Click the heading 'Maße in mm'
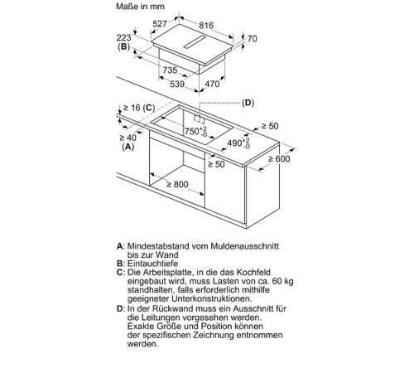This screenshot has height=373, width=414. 140,7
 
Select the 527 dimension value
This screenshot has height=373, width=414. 160,24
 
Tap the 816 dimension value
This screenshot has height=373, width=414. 206,26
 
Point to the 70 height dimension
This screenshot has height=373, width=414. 253,39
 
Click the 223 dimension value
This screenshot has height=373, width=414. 123,37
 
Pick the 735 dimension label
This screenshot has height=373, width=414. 170,70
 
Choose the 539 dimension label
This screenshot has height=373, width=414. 177,84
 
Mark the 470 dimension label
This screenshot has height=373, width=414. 212,84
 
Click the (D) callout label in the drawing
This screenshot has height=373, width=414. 248,103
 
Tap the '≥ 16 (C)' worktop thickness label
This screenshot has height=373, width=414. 139,108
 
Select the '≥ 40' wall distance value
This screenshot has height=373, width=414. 128,138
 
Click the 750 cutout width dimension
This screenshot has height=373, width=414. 195,131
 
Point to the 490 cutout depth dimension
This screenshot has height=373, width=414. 238,143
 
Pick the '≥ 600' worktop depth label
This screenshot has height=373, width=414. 279,158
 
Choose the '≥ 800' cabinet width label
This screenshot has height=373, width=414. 177,184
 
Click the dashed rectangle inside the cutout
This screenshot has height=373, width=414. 199,119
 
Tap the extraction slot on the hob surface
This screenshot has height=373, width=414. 195,42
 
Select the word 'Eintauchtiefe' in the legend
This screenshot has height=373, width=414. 152,264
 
